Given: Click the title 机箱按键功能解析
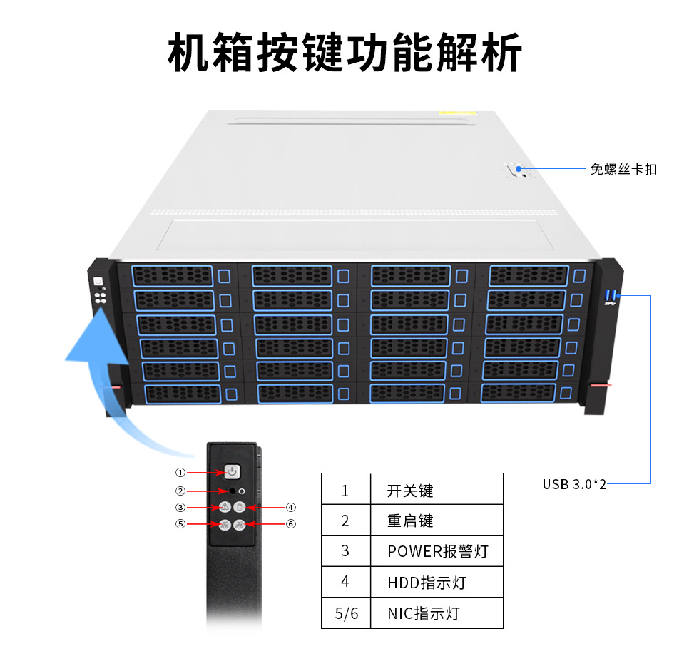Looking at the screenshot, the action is pyautogui.click(x=345, y=52).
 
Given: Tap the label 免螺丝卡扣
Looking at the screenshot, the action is pyautogui.click(x=623, y=170).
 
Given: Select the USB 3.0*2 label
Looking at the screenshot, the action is pyautogui.click(x=574, y=484).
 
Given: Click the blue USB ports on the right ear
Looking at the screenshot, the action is pyautogui.click(x=611, y=295).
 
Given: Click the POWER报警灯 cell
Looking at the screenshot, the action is pyautogui.click(x=437, y=551).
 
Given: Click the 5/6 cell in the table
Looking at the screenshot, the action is pyautogui.click(x=347, y=613).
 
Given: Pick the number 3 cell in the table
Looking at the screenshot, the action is pyautogui.click(x=345, y=551).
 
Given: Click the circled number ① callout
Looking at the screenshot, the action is pyautogui.click(x=180, y=472).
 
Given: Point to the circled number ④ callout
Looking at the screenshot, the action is pyautogui.click(x=291, y=507).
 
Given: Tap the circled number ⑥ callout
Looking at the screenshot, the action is pyautogui.click(x=291, y=524).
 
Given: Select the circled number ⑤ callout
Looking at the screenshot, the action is pyautogui.click(x=180, y=524).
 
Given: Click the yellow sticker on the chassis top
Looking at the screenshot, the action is pyautogui.click(x=456, y=113).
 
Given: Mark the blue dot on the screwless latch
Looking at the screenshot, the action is pyautogui.click(x=519, y=169).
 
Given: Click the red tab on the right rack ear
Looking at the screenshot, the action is pyautogui.click(x=600, y=385).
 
